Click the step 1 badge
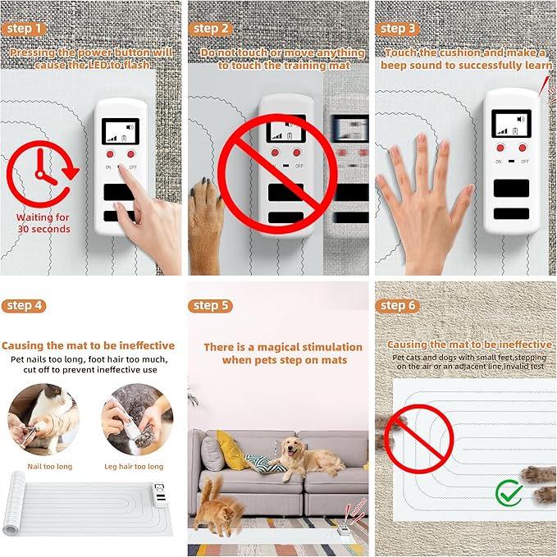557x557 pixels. click(24, 29)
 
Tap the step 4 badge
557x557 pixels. click(24, 305)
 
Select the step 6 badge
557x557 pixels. click(398, 305)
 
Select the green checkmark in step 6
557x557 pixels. click(509, 494)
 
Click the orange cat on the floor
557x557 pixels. click(214, 504)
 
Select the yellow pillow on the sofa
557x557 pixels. click(234, 450)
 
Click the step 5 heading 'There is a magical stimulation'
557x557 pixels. click(282, 347)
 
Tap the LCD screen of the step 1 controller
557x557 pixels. click(120, 131)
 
